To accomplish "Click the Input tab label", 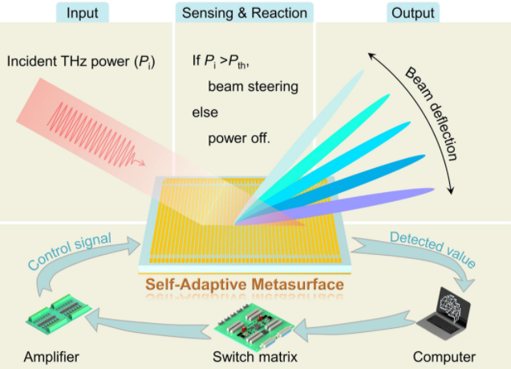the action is [82, 13].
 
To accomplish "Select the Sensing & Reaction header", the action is [245, 13].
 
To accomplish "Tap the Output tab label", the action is [412, 13].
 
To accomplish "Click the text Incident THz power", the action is [68, 61].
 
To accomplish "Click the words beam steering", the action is [253, 87].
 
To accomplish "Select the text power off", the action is [239, 138].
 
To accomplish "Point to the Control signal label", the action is [70, 251].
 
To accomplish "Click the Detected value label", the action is [433, 249].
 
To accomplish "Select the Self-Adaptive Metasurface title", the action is [245, 284].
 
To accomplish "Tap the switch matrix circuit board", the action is [254, 326].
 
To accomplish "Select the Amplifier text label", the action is [51, 357].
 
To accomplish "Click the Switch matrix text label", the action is [255, 357].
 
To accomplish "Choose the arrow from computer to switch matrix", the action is [355, 326].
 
